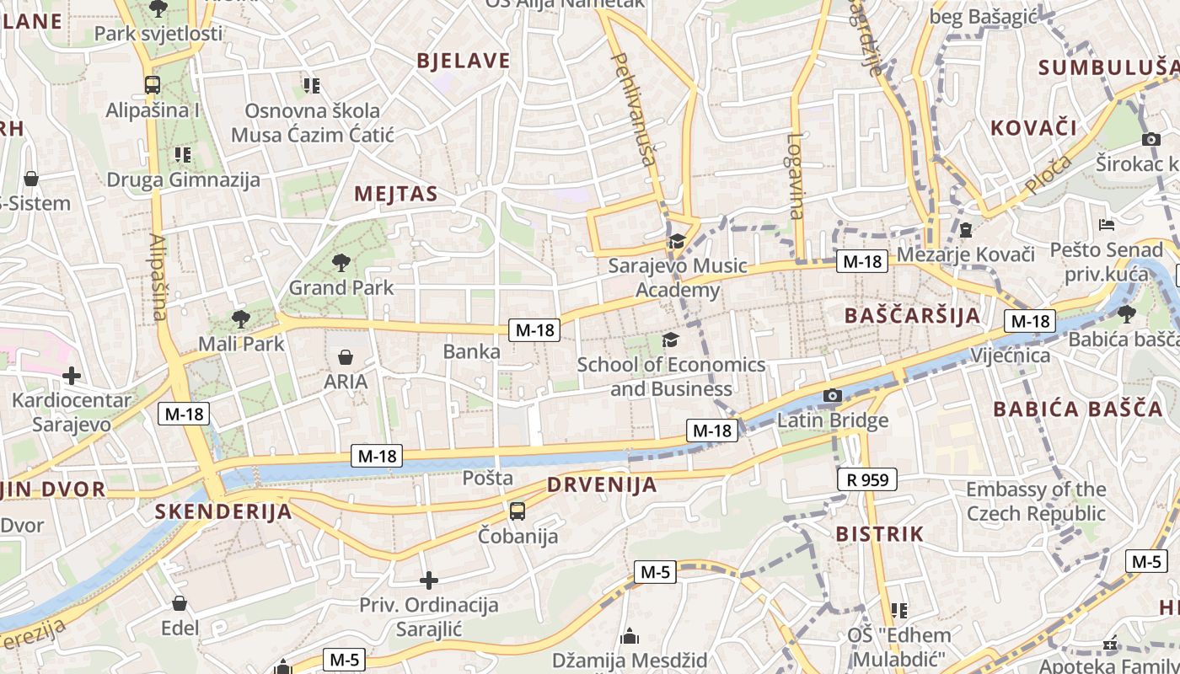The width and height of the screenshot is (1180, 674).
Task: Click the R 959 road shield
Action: pos(866,480)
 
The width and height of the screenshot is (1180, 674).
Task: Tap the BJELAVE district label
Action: pos(464,61)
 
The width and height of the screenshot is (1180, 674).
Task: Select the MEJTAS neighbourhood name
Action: pos(396,194)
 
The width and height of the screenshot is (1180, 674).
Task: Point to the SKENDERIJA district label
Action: pos(223,511)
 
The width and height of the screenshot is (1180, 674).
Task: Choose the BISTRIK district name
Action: pos(879,534)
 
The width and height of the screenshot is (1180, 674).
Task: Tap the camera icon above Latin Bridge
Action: pos(833,395)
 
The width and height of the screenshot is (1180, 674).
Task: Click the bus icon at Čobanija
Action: pos(518,511)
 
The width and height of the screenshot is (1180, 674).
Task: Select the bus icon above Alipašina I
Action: pos(153,84)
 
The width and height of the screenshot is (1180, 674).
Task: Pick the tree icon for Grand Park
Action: pos(341,262)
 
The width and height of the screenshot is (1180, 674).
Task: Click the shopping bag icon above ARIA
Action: pos(345,357)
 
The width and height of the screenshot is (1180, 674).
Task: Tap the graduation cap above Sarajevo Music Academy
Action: pos(676,243)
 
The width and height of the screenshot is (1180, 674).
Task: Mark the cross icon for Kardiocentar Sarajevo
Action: pos(72,375)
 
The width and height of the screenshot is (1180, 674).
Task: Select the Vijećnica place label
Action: pos(1010,355)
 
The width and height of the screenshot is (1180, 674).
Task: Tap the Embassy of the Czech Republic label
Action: pos(1036,501)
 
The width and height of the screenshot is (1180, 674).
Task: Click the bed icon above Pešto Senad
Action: pos(1108,224)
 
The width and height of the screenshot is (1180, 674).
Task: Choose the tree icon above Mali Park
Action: pos(241,318)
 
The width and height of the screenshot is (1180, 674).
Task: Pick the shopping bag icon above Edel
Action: pos(180,603)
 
